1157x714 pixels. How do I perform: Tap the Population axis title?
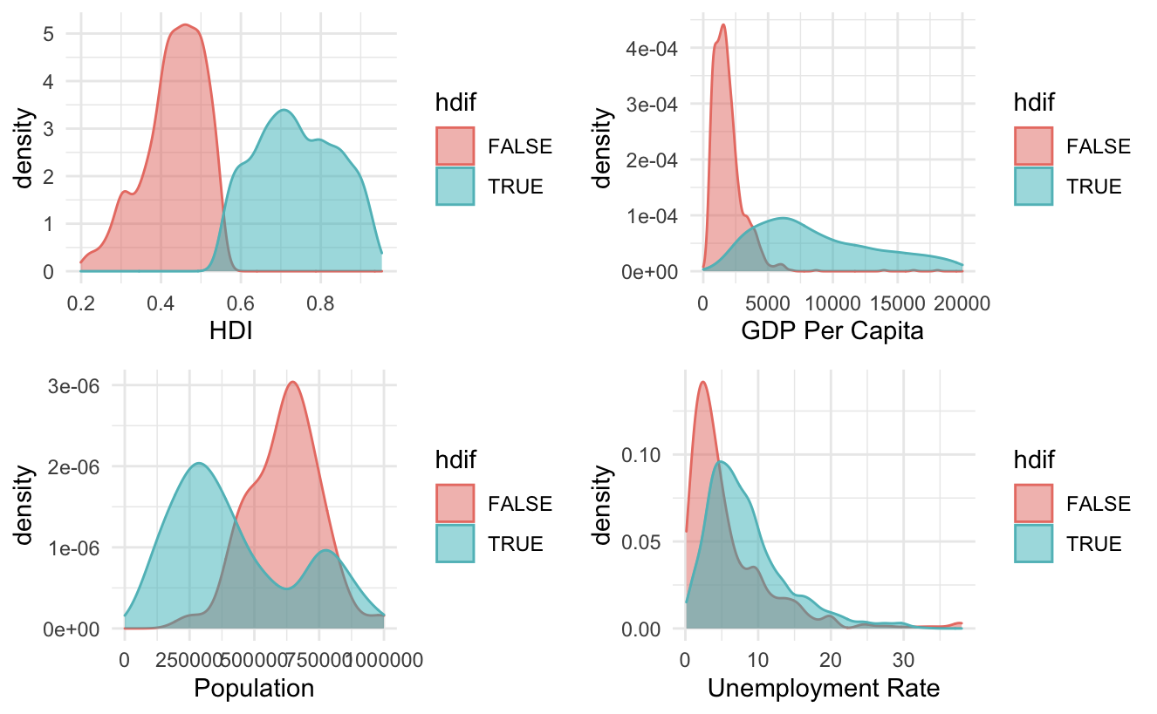coord(254,688)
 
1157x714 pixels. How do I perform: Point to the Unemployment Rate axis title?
coord(823,688)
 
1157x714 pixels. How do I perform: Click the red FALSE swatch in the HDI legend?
coord(455,146)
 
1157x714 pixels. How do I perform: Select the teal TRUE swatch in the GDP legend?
coord(1033,186)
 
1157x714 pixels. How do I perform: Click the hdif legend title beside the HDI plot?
coord(455,103)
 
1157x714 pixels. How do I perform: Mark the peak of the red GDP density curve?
coord(723,24)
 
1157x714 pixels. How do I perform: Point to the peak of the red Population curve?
coord(293,382)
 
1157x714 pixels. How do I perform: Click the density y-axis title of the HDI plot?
coord(26,148)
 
